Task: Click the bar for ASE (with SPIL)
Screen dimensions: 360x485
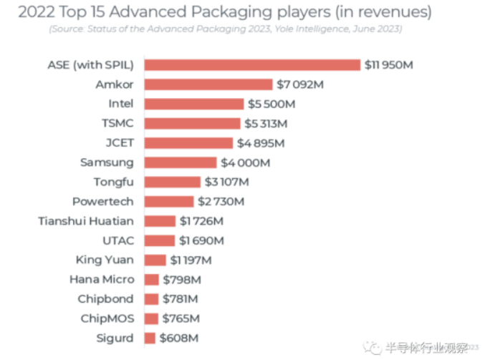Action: click(251, 65)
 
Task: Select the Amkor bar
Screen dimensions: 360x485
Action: click(208, 84)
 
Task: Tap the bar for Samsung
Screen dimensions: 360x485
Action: click(180, 162)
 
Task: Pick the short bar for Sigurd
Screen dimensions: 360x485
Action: click(150, 338)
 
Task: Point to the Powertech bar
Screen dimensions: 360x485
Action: click(168, 201)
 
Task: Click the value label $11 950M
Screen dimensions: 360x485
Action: click(390, 65)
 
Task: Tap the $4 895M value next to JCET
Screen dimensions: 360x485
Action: click(261, 143)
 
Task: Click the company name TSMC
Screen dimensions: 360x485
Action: click(118, 123)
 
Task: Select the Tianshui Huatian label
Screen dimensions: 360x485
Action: click(86, 221)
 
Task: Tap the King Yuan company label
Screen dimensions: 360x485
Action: click(105, 260)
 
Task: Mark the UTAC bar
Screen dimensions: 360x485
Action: click(159, 240)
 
